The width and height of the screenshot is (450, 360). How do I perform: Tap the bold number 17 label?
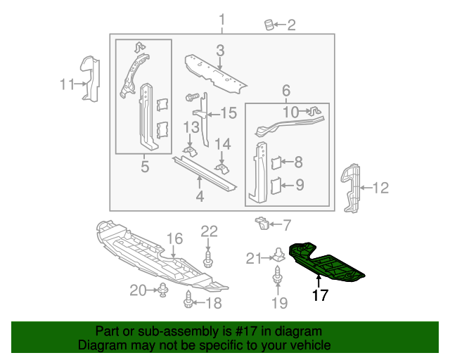pos(320,296)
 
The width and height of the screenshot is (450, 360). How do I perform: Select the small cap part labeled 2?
pos(269,25)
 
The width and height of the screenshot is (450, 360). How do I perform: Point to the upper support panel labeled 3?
pos(215,73)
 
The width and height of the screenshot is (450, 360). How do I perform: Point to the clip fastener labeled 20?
pos(163,288)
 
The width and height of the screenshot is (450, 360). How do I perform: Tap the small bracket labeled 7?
pos(261,224)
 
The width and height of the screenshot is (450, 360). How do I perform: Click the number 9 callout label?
pos(299,186)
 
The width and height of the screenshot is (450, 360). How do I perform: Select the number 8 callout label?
pos(298,162)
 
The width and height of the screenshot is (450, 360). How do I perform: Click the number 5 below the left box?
pos(144,167)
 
